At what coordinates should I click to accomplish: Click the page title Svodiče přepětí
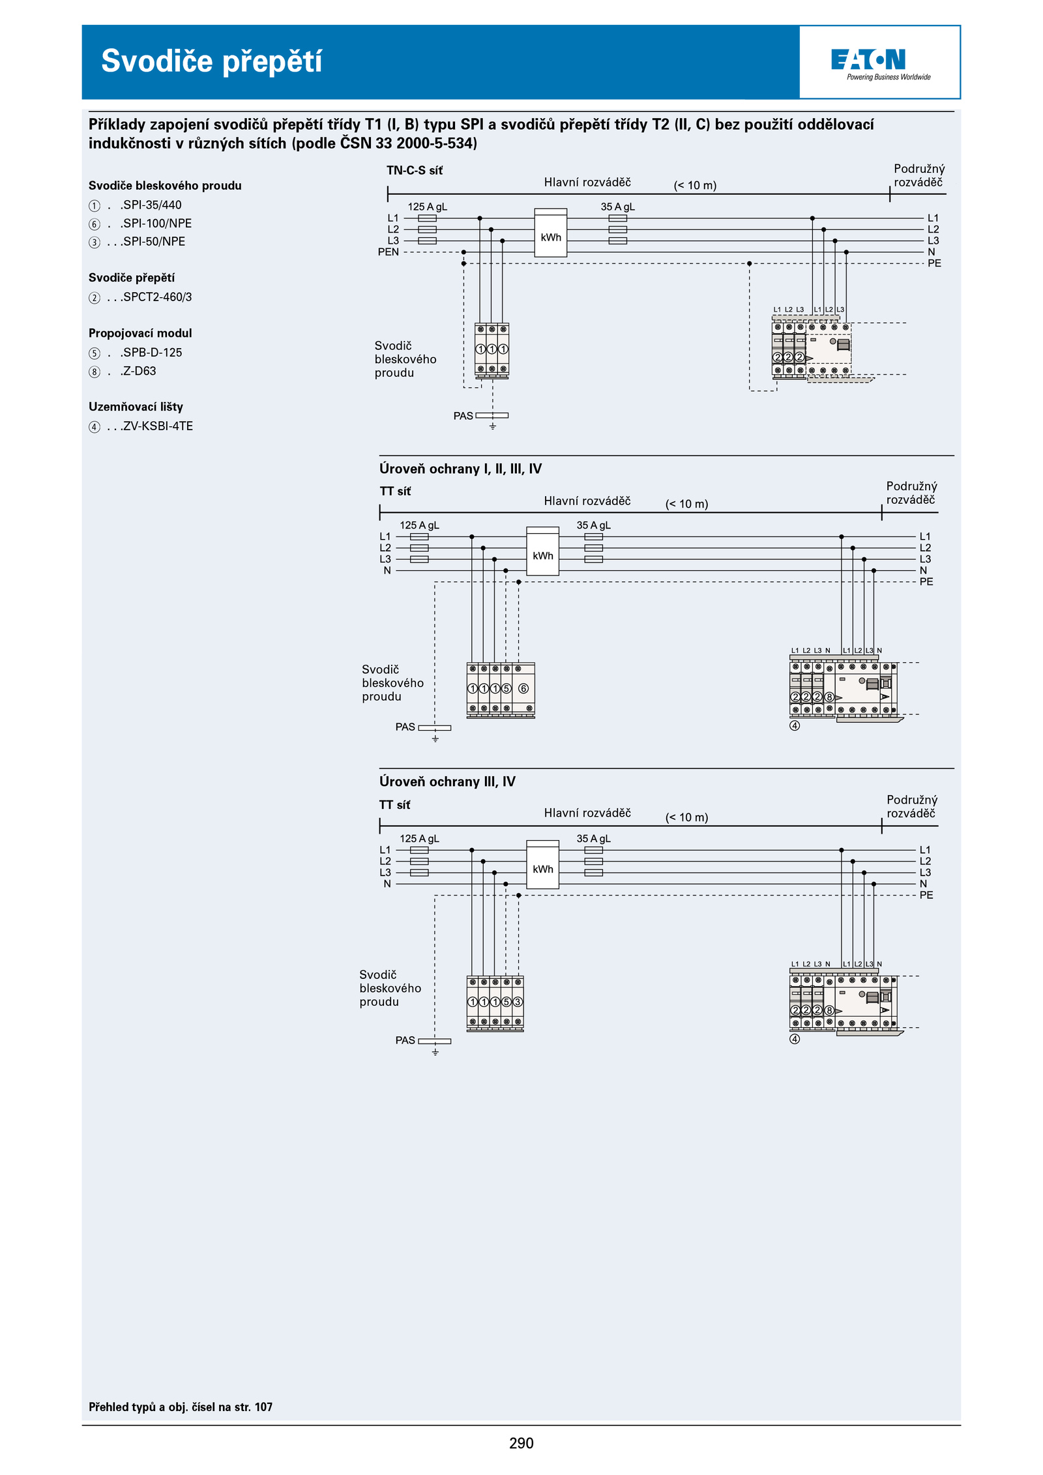[x=211, y=62]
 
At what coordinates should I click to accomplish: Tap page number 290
[x=521, y=1443]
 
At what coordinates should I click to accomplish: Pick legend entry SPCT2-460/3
[x=140, y=297]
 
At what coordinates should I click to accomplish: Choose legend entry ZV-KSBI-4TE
[x=141, y=426]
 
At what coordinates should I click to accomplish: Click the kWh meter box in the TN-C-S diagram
[x=551, y=233]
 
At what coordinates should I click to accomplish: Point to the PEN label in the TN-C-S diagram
[x=388, y=252]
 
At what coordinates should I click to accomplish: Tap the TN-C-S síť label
[x=415, y=170]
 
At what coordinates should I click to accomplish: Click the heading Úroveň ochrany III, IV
[x=447, y=781]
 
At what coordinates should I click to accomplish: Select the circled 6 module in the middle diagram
[x=523, y=688]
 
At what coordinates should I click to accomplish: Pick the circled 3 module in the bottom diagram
[x=518, y=1002]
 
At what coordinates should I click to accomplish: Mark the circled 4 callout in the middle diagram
[x=795, y=725]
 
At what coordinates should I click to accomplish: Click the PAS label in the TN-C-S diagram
[x=463, y=416]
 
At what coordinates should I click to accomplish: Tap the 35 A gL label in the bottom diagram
[x=593, y=839]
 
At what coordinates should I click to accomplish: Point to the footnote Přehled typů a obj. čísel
[x=181, y=1407]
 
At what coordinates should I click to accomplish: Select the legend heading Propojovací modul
[x=140, y=333]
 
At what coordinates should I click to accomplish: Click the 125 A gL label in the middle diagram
[x=419, y=525]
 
